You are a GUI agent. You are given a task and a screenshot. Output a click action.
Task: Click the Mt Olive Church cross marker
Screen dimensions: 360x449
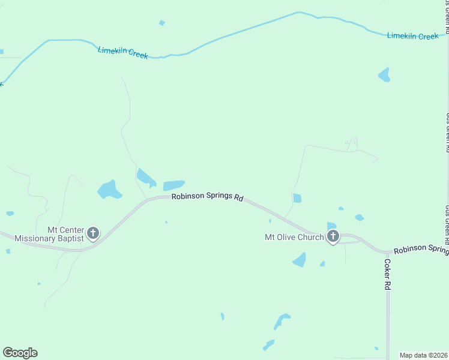point(333,236)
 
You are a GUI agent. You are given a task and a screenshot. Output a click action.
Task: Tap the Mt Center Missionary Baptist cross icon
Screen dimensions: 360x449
point(93,233)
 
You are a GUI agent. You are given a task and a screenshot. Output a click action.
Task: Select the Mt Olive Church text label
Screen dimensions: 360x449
point(294,237)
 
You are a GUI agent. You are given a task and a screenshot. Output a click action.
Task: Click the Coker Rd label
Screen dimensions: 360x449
point(388,275)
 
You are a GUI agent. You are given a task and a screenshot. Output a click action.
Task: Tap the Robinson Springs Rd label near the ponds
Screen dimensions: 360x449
point(207,197)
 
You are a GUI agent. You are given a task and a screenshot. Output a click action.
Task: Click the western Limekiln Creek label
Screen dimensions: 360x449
point(123,53)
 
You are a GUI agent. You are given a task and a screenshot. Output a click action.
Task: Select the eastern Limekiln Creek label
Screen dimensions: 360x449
point(413,36)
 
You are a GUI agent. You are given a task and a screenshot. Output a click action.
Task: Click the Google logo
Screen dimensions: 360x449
point(20,353)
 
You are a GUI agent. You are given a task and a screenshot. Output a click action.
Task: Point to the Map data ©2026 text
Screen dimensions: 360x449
point(423,355)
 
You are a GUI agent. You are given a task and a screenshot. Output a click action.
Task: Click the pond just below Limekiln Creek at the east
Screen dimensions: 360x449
point(384,75)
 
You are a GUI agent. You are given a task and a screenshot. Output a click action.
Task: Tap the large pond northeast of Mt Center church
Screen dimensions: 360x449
point(109,190)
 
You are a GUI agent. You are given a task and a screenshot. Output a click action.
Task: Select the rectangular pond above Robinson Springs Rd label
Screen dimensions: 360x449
point(173,185)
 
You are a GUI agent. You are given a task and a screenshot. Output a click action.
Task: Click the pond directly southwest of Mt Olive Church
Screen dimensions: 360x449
point(299,260)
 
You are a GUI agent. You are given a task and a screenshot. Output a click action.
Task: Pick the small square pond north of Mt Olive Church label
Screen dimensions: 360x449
point(297,198)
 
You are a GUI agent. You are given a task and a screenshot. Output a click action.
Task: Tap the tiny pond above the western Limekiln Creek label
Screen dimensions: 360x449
point(161,23)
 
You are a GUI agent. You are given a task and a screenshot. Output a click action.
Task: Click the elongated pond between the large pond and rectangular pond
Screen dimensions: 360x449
point(145,178)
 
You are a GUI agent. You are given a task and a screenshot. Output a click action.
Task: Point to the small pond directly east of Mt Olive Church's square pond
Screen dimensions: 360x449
point(359,217)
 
